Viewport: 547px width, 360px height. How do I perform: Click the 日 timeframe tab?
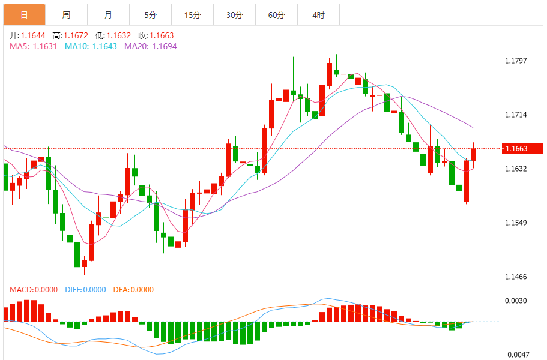[24, 15]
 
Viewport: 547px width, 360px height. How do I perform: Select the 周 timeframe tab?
[66, 15]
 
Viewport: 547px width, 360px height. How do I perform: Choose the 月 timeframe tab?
[108, 15]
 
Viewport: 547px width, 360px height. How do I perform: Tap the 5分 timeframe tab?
[150, 15]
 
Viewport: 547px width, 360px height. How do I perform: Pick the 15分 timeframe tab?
[192, 15]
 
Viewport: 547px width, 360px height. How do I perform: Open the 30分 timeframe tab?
[235, 15]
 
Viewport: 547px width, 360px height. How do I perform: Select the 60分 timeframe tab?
[277, 15]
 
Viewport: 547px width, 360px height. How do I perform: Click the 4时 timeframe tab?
[319, 15]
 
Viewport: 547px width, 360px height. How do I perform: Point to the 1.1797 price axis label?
[516, 61]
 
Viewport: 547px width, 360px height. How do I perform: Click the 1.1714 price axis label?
[516, 115]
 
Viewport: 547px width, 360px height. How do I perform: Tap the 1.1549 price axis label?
[516, 223]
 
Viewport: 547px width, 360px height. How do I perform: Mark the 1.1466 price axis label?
[516, 277]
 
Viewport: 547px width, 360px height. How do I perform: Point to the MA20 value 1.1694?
[164, 46]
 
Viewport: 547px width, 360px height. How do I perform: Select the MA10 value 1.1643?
[104, 46]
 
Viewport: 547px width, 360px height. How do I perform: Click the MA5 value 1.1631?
[45, 46]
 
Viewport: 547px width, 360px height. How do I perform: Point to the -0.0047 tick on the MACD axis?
[516, 354]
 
